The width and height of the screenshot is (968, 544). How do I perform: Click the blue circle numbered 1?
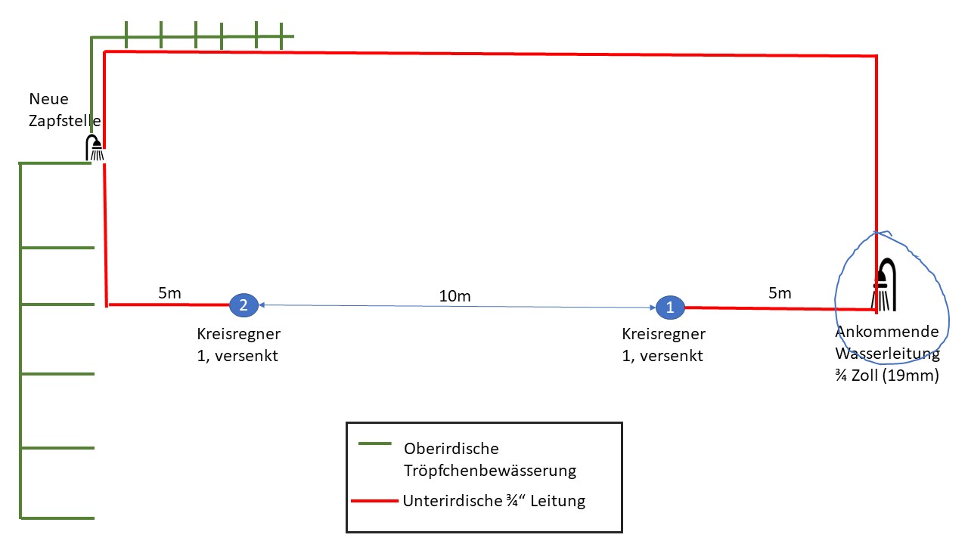click(x=669, y=307)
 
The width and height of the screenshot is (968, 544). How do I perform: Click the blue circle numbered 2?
click(x=244, y=304)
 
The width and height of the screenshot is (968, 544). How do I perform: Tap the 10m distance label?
click(x=455, y=296)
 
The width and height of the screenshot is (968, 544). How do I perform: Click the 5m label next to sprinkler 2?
click(x=170, y=293)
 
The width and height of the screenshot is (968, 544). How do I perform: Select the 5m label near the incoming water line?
click(x=780, y=293)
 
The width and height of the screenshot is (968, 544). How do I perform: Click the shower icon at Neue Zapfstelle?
click(x=95, y=149)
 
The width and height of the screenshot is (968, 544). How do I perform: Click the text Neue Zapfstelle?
click(x=65, y=110)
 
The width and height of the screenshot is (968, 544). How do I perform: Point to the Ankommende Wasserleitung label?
click(x=887, y=342)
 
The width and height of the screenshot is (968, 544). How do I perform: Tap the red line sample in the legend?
click(x=374, y=500)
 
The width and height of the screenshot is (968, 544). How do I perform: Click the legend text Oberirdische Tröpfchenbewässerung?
click(x=490, y=459)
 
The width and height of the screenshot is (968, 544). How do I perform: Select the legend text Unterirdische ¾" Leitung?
click(x=495, y=500)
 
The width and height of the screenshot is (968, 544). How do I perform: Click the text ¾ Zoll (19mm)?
click(x=887, y=376)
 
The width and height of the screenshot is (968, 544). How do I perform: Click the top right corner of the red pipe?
click(x=876, y=56)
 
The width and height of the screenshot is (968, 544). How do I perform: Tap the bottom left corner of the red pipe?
click(x=107, y=304)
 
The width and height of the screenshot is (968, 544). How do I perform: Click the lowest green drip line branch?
click(x=57, y=518)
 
